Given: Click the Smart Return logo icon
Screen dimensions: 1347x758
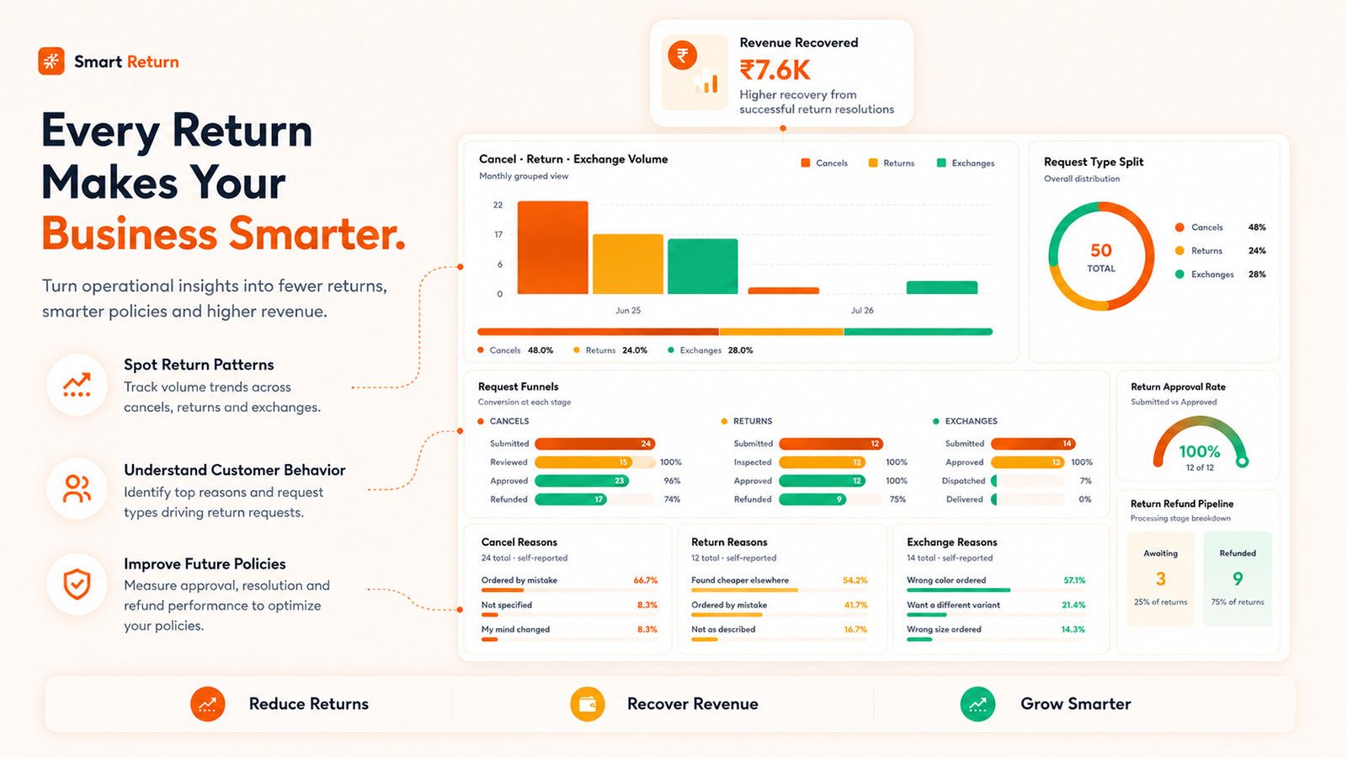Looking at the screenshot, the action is click(51, 61).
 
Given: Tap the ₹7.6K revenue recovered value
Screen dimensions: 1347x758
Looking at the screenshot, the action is click(775, 71).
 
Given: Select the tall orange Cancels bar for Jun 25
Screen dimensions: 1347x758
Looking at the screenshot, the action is click(552, 248).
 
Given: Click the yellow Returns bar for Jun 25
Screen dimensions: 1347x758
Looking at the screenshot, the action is click(628, 264).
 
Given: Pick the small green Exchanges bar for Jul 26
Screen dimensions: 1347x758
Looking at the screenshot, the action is click(942, 287).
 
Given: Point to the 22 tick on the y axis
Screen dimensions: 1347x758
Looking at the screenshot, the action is click(498, 206).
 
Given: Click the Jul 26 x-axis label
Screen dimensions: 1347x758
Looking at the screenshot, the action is click(862, 311).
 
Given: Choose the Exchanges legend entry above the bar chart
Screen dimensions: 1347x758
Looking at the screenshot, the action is click(966, 163).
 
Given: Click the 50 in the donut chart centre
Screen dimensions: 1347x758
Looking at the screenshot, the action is click(1101, 250).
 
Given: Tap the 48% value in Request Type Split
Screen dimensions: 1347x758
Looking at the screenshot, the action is click(1257, 227).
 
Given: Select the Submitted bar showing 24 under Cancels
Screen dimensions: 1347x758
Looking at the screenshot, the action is click(594, 444).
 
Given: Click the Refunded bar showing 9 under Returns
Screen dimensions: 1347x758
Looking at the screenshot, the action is click(812, 499).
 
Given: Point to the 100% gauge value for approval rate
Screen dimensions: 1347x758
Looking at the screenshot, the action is click(1200, 451).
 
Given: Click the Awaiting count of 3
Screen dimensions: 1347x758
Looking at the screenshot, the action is click(1161, 579).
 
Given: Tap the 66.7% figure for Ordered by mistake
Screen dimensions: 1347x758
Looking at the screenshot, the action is click(645, 580).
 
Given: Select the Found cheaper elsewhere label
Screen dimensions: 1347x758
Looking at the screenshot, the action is click(740, 580).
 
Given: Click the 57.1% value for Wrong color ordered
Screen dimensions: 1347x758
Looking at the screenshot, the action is click(1074, 580).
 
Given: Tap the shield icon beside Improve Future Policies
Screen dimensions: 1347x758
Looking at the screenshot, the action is click(77, 585).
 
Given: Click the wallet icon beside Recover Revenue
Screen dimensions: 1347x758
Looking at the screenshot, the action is click(588, 704).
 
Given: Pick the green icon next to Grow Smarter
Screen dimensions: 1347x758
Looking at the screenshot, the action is click(977, 704).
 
